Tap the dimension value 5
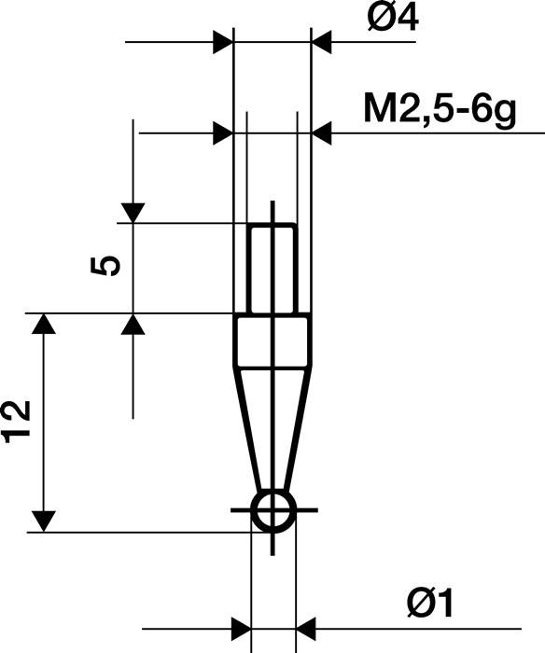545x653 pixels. coord(106,267)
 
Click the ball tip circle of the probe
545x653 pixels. coord(272,510)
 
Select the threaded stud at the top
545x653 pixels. coord(272,269)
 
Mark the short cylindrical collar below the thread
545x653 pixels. coord(272,340)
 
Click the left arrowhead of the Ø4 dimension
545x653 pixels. coord(223,42)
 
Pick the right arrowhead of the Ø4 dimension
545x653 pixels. coord(321,42)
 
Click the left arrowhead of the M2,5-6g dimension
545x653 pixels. coord(223,133)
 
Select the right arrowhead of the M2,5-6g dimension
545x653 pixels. coord(321,133)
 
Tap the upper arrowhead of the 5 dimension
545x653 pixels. coord(133,212)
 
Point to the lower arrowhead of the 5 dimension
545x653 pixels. coord(133,324)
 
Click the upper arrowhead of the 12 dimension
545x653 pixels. coord(43,325)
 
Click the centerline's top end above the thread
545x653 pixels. coord(272,201)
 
